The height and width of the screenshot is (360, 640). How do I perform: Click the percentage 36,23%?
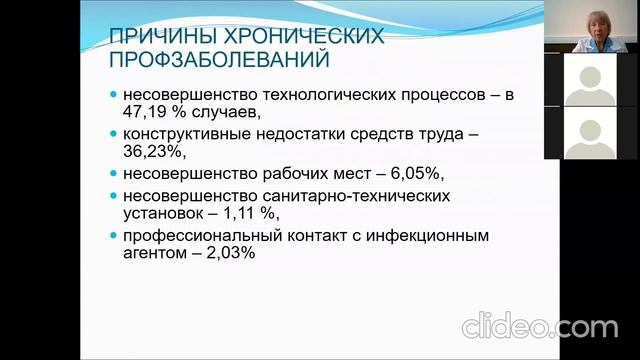click(x=155, y=151)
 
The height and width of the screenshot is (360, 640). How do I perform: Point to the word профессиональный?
click(x=204, y=235)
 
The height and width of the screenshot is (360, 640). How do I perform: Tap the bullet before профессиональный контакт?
click(x=113, y=236)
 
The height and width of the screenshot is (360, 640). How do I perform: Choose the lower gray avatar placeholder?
click(x=590, y=132)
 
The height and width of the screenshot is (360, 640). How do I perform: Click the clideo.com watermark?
click(x=539, y=327)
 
